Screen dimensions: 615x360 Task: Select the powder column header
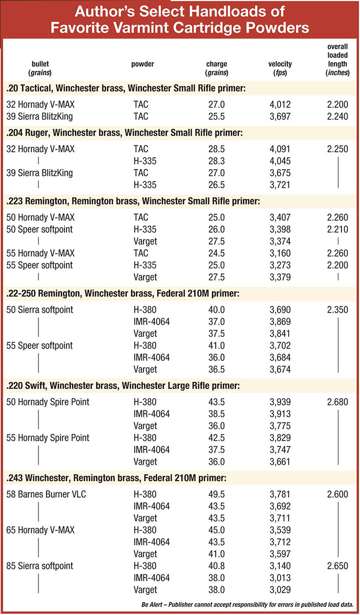[143, 64]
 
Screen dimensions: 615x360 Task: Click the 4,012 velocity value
[280, 105]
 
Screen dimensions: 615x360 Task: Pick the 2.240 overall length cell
[337, 116]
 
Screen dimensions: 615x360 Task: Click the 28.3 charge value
[217, 161]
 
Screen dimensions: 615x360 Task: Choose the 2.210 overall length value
[337, 230]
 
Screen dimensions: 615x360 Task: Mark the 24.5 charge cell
[217, 253]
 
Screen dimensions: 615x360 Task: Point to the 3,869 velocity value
[280, 322]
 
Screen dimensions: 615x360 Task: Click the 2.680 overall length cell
[337, 402]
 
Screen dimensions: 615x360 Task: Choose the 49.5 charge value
[217, 494]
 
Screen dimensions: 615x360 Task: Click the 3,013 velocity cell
[280, 578]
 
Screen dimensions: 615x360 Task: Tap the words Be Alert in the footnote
[152, 604]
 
